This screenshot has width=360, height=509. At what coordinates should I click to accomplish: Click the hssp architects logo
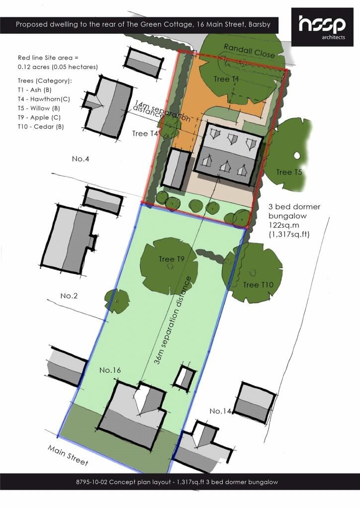click(322, 27)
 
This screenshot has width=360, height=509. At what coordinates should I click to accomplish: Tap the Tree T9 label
click(172, 258)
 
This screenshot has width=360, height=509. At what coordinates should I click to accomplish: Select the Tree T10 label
click(258, 285)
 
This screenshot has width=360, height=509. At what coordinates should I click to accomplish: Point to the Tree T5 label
click(289, 171)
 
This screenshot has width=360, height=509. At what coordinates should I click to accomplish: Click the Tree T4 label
click(145, 133)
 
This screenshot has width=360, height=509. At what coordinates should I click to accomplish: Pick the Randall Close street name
click(249, 51)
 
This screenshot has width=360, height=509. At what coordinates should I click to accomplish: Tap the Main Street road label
click(68, 455)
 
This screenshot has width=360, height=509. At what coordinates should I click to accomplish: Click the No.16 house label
click(110, 370)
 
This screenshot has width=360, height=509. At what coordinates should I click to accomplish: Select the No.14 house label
click(220, 411)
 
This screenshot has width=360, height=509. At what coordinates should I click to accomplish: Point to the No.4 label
click(81, 159)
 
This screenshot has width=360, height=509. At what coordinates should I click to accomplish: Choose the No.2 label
click(69, 296)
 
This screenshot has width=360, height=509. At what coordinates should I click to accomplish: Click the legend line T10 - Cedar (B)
click(41, 127)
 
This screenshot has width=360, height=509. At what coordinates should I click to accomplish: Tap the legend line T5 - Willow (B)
click(39, 108)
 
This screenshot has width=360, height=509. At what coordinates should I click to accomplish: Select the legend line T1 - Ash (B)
click(34, 90)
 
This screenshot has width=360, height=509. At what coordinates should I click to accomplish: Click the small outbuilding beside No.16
click(184, 377)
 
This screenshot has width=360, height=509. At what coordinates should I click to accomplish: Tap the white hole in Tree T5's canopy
click(297, 156)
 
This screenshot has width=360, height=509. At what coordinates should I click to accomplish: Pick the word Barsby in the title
click(260, 24)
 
